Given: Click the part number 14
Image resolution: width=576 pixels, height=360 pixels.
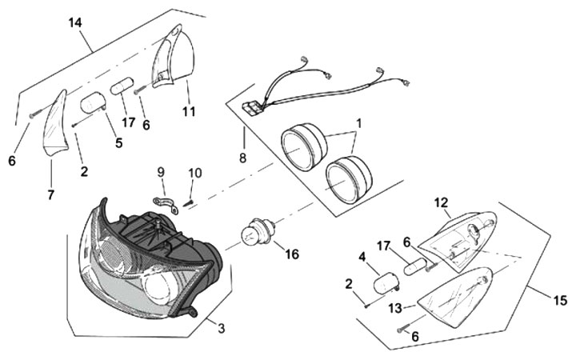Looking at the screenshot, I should coord(75,24).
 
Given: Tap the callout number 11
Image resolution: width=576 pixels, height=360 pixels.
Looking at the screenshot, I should coord(188,111).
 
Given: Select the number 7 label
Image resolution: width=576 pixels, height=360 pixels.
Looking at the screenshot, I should coord(50,195).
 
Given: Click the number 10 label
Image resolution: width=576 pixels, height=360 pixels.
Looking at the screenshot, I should coord(195,173).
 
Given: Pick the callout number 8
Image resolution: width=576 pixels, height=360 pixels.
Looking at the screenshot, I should coord(242,158).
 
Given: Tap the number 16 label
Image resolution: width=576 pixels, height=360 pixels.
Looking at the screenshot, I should coord(291,254).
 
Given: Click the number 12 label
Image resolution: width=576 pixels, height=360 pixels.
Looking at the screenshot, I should coord(442,202).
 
